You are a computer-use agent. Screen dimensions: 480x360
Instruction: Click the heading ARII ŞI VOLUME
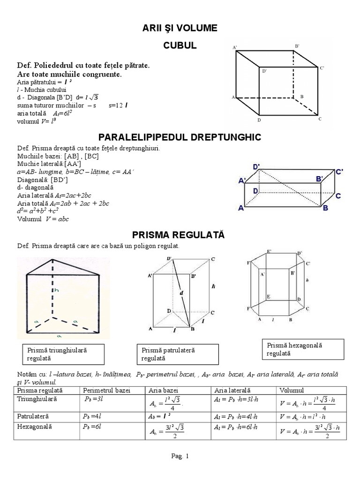(x=180, y=29)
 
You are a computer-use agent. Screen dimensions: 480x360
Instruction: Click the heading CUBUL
(x=180, y=46)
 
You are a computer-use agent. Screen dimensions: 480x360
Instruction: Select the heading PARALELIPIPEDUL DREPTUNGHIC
(x=180, y=137)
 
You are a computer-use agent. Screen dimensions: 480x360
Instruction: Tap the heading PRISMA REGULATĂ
(x=180, y=233)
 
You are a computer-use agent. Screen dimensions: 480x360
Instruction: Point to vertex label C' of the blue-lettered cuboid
(x=341, y=172)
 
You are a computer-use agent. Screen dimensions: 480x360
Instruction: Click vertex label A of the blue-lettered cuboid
(x=241, y=209)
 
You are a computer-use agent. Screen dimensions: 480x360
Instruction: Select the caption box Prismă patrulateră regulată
(x=178, y=354)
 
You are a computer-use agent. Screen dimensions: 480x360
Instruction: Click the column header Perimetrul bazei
(x=106, y=390)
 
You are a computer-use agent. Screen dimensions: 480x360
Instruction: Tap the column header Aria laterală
(x=232, y=390)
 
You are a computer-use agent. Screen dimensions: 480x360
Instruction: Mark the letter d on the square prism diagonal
(x=180, y=293)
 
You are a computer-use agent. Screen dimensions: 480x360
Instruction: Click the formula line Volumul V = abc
(x=43, y=219)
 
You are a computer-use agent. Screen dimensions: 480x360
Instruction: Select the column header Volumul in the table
(x=292, y=390)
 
